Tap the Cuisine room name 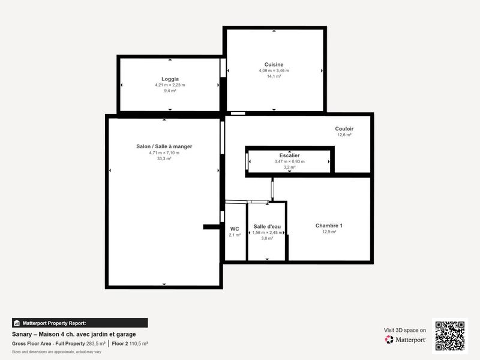pos(274,65)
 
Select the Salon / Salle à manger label pos(164,146)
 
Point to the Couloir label pos(344,129)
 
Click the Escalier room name pos(289,155)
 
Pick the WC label pos(235,229)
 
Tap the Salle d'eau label pos(267,226)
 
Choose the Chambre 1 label pos(329,226)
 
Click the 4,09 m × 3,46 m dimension pos(274,71)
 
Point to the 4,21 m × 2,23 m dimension pos(170,85)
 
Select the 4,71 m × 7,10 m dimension pos(164,152)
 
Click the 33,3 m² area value pos(164,158)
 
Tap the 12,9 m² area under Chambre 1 pos(329,232)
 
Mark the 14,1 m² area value pos(274,77)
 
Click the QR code pos(449,336)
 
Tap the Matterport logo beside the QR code pos(406,340)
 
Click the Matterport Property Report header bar pos(80,323)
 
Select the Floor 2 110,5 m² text pos(130,343)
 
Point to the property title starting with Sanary pos(74,334)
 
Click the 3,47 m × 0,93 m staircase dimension pos(289,161)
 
